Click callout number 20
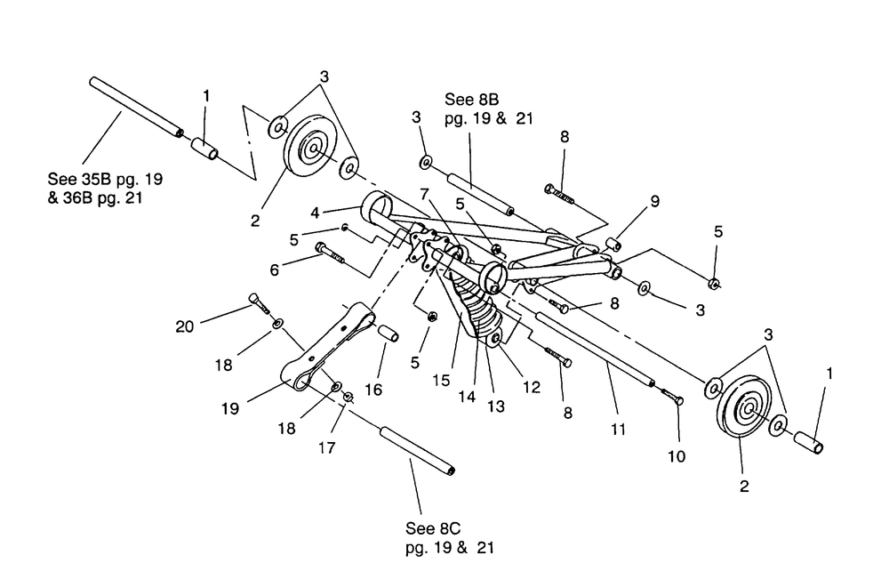[x=184, y=326]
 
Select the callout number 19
[x=229, y=408]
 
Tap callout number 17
[x=326, y=448]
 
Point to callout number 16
[x=373, y=390]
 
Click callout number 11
[x=618, y=430]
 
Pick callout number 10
[x=677, y=456]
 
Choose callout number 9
[x=655, y=201]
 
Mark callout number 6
[x=275, y=270]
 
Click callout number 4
[x=316, y=213]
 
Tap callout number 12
[x=532, y=387]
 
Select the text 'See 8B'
[x=472, y=100]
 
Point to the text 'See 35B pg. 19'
[x=105, y=179]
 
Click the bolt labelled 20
[x=259, y=303]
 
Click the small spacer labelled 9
[x=612, y=245]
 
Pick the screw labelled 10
[x=672, y=395]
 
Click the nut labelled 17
[x=349, y=397]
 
